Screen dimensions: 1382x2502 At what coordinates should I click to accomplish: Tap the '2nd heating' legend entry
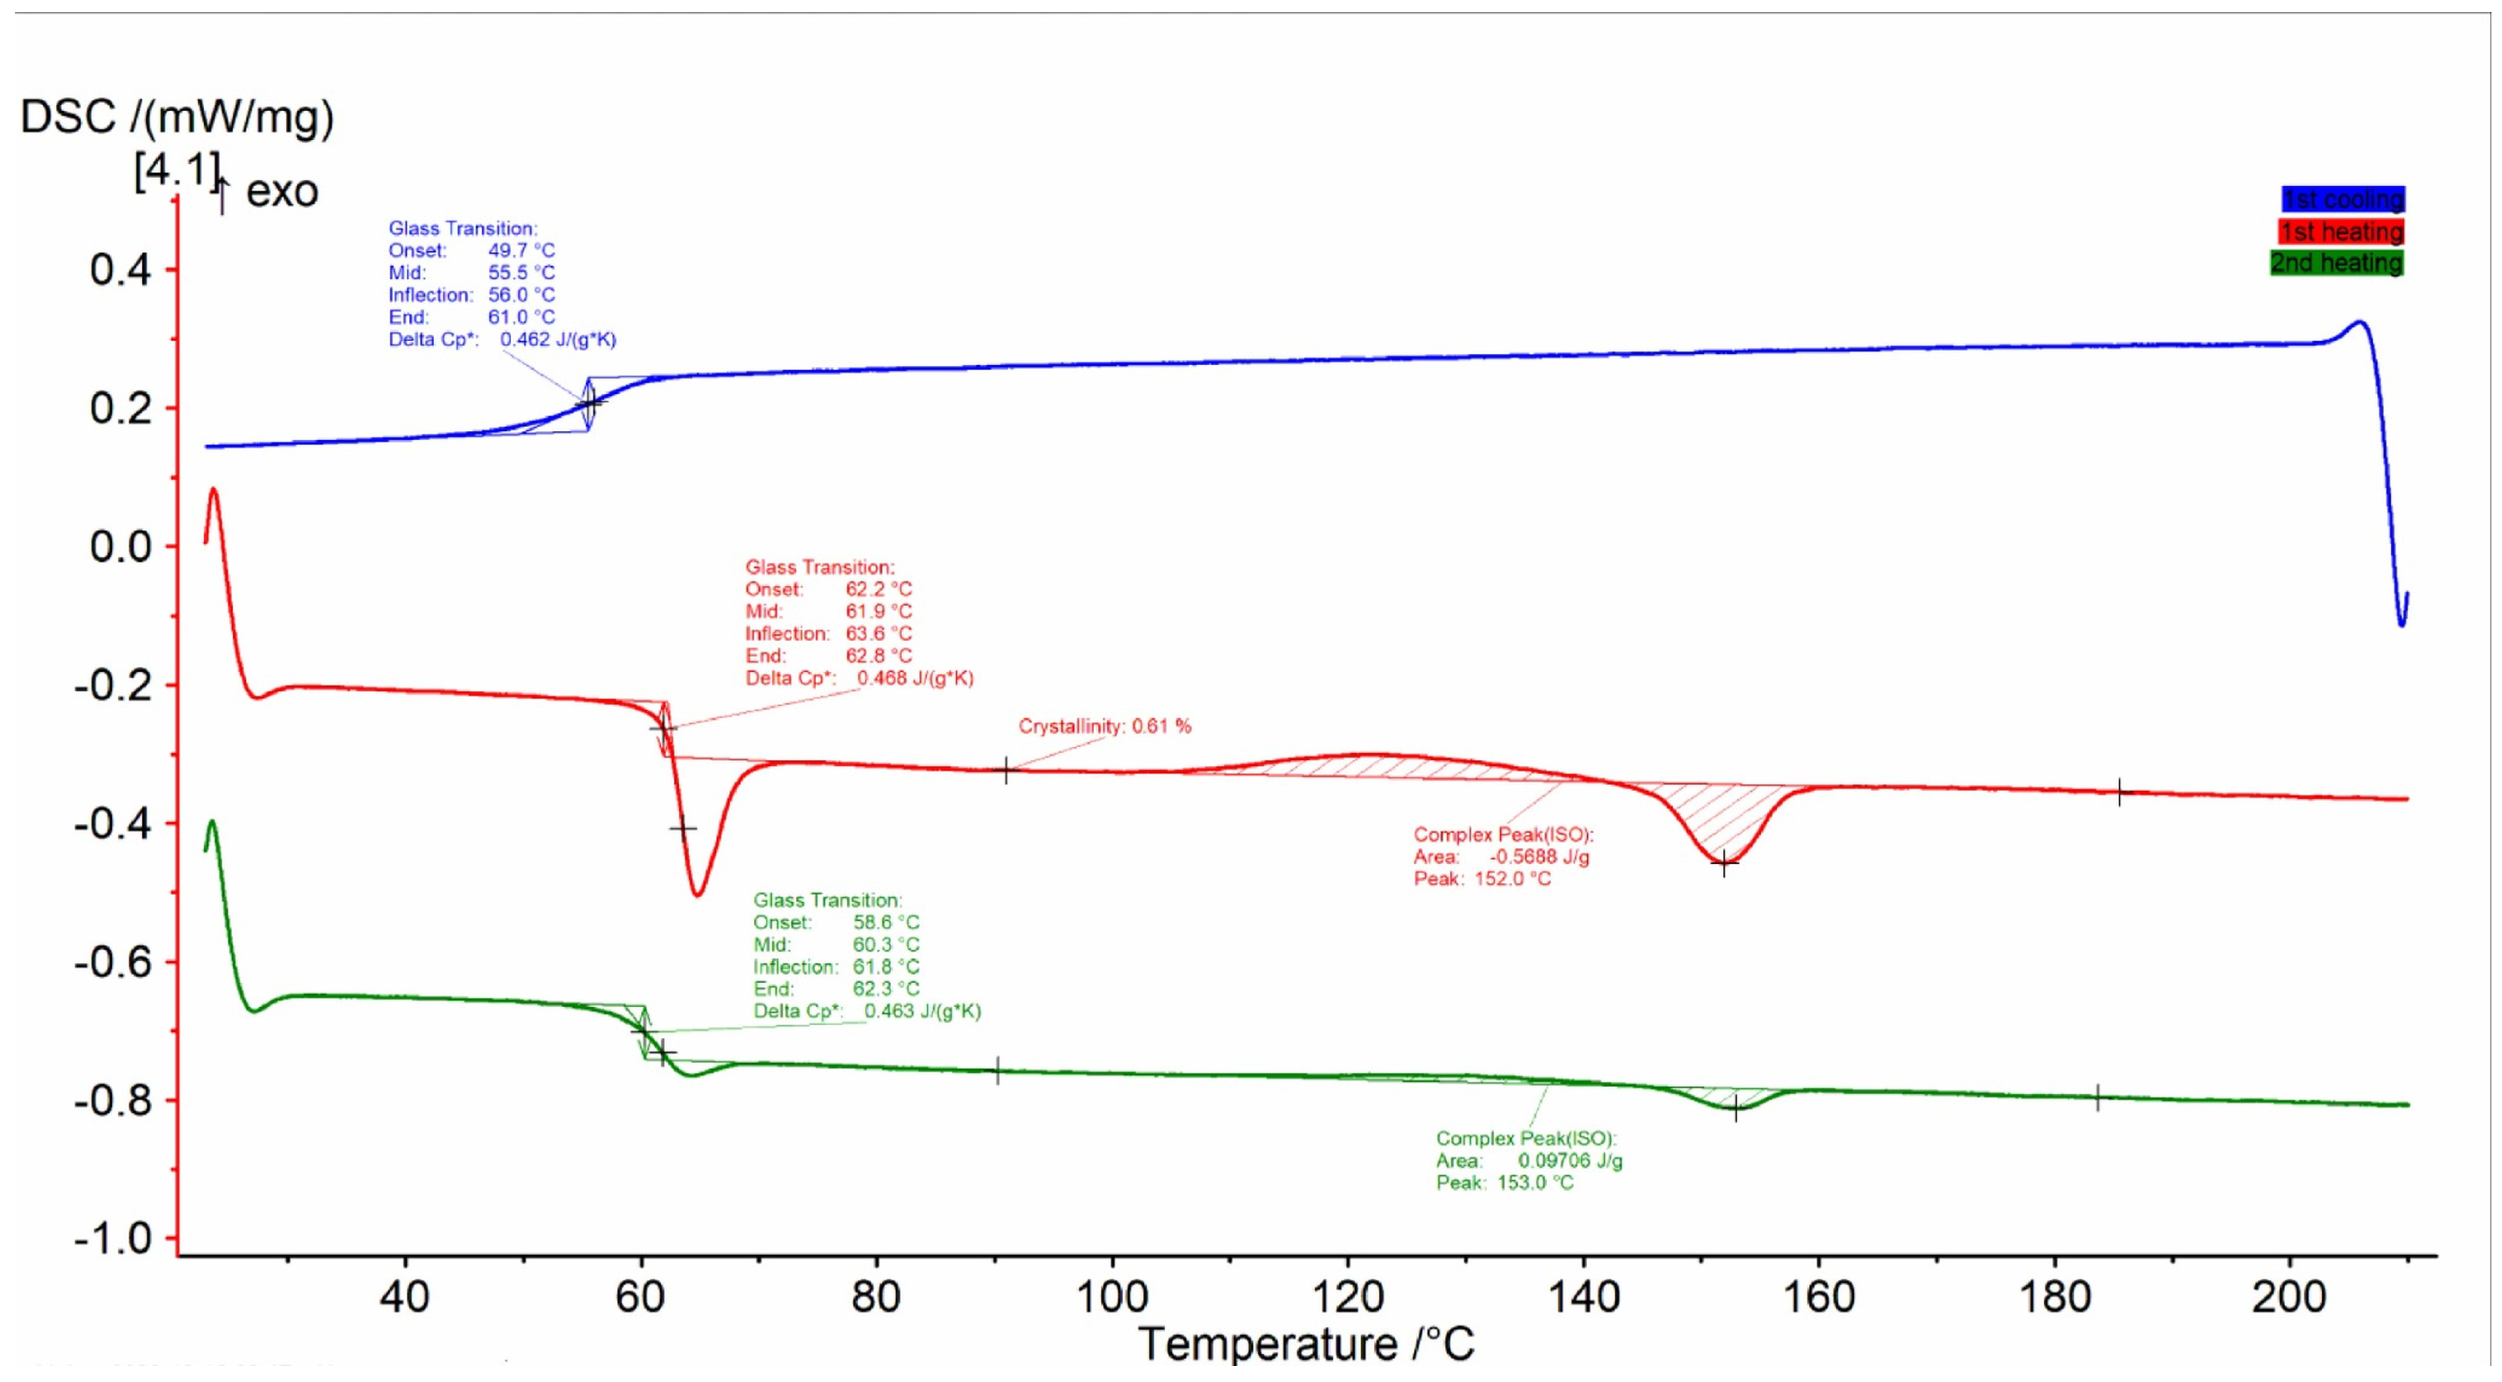(x=2336, y=263)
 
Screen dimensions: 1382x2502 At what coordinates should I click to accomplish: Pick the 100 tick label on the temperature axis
(x=1112, y=1297)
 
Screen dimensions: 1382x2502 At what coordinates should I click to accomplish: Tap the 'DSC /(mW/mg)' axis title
(x=177, y=117)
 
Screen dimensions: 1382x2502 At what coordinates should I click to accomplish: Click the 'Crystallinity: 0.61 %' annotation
(x=1105, y=727)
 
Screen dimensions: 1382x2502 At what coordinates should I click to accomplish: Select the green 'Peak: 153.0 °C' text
(x=1505, y=1183)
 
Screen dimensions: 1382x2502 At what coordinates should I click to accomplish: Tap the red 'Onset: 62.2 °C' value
(x=878, y=590)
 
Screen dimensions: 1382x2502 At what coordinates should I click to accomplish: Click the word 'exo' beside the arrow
(x=282, y=191)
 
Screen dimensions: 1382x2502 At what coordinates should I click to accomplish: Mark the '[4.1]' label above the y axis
(x=177, y=171)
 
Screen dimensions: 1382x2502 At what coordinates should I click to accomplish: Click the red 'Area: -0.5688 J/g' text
(x=1501, y=857)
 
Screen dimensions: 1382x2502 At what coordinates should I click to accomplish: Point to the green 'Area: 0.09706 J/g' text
(x=1529, y=1160)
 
